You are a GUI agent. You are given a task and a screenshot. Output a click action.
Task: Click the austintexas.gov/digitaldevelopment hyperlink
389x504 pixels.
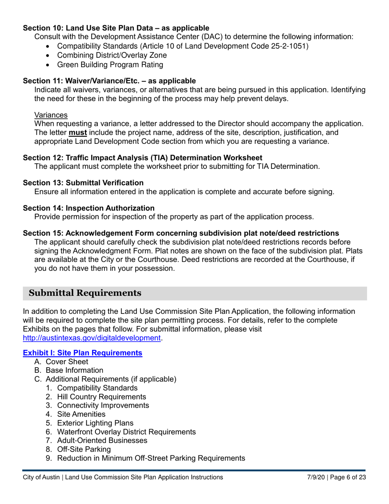point(91,338)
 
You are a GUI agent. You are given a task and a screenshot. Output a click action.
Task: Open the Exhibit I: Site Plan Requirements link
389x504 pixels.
point(83,353)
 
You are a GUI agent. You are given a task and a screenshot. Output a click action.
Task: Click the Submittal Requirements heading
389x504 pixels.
point(85,293)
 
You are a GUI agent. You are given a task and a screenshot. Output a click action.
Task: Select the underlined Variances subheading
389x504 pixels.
point(51,114)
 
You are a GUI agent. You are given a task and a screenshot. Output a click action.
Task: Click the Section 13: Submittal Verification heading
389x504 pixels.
point(83,183)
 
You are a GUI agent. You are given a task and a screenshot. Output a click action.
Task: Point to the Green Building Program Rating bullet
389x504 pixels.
point(110,65)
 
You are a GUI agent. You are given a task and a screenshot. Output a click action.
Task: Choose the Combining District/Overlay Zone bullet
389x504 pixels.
point(112,55)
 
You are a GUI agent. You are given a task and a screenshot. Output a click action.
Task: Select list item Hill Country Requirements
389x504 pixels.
point(102,397)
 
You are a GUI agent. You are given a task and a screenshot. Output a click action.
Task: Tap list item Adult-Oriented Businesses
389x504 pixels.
point(102,440)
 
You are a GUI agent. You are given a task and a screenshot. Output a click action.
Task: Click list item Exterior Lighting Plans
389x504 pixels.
point(95,423)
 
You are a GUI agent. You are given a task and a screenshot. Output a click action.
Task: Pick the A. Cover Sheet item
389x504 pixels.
point(67,362)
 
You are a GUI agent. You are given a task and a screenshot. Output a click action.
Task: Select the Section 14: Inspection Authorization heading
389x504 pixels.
point(89,208)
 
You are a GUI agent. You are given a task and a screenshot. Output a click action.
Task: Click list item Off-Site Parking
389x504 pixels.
point(84,450)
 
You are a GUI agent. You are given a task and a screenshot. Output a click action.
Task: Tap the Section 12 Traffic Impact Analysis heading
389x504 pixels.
point(142,158)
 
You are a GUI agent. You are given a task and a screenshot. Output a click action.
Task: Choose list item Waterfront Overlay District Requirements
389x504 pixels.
point(126,432)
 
